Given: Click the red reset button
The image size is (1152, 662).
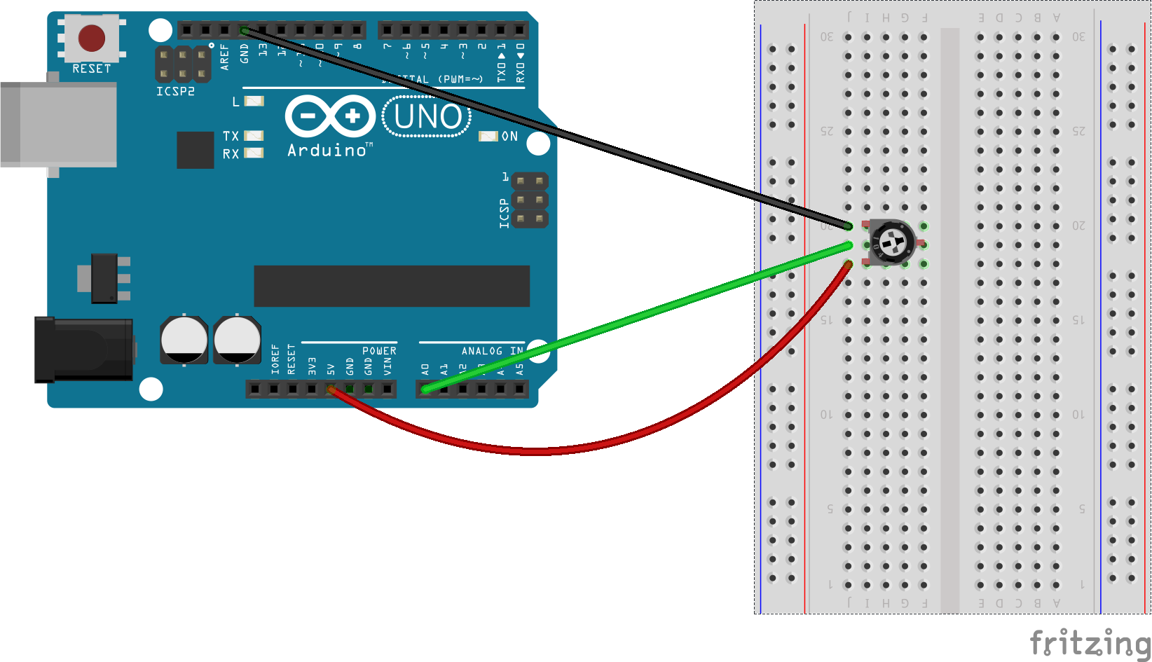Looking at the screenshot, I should pyautogui.click(x=92, y=38).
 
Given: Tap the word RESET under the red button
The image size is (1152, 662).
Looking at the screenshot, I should pyautogui.click(x=92, y=69).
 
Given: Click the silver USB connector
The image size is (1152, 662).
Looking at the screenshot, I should pyautogui.click(x=59, y=124).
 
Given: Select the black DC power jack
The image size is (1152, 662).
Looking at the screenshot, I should pyautogui.click(x=84, y=349).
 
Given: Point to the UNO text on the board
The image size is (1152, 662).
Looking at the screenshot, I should pyautogui.click(x=427, y=117).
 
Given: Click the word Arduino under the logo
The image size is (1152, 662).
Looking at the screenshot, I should pyautogui.click(x=327, y=150).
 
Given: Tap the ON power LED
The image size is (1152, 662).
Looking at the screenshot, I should pyautogui.click(x=488, y=136).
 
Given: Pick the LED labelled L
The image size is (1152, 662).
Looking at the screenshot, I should pyautogui.click(x=254, y=102).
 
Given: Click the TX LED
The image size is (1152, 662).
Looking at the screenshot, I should pyautogui.click(x=254, y=136).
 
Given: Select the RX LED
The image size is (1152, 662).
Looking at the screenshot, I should pyautogui.click(x=254, y=153).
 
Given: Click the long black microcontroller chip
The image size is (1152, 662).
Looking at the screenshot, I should pyautogui.click(x=391, y=286).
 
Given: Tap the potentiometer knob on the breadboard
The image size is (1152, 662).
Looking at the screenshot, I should pyautogui.click(x=892, y=244).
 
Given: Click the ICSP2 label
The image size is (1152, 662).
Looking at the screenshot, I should pyautogui.click(x=175, y=92).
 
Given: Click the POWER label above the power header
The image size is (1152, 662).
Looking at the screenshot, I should pyautogui.click(x=379, y=351).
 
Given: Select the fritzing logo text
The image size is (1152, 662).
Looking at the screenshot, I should pyautogui.click(x=1089, y=642).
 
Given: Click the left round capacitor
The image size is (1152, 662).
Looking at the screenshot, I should pyautogui.click(x=184, y=340).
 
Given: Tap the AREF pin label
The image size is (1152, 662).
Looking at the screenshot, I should pyautogui.click(x=225, y=57).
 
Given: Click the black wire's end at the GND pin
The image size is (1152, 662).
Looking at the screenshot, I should pyautogui.click(x=244, y=30).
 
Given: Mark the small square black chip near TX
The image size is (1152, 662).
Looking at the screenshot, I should pyautogui.click(x=195, y=150).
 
